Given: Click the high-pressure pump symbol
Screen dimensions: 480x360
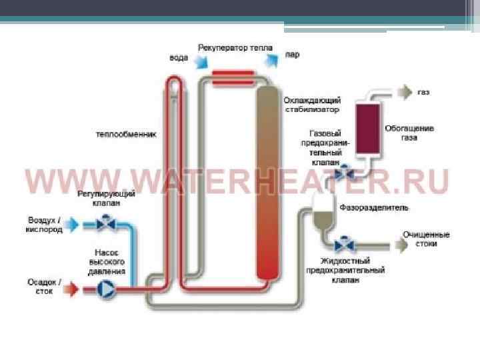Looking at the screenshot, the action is (x=105, y=289).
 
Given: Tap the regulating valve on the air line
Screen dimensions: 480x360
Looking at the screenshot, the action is (x=103, y=225).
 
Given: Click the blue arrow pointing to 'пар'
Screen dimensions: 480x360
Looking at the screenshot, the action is (x=272, y=60).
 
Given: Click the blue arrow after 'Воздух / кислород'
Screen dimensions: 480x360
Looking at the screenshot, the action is (x=72, y=225).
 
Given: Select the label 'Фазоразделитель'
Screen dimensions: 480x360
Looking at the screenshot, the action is (x=374, y=207).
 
